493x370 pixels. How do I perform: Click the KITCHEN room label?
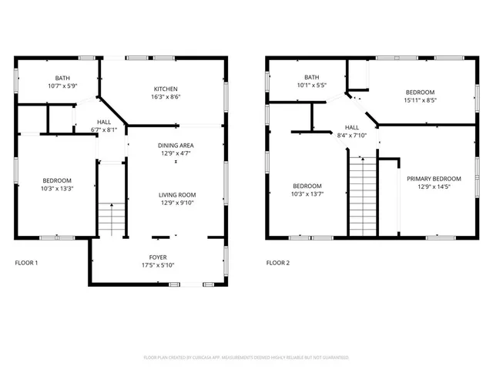point(165,89)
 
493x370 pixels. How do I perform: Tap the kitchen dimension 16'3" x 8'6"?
point(165,98)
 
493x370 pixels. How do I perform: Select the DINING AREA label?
point(176,146)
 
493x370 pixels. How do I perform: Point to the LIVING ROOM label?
point(178,195)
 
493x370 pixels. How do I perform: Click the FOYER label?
point(158,257)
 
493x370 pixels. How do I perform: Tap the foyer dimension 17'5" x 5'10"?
point(158,266)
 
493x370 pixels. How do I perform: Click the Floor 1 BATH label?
point(62,78)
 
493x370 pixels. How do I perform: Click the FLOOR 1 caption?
point(26,263)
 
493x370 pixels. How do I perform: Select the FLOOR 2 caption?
point(278,263)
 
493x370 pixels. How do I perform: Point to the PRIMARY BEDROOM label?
point(434,178)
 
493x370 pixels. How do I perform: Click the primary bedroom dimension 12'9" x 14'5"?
point(434,187)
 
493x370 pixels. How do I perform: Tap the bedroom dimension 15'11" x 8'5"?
point(420,99)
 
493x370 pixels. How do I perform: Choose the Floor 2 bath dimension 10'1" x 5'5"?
point(311,85)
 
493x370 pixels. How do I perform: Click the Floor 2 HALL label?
point(351,127)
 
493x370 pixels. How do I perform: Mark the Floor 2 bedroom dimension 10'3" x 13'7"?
point(307,194)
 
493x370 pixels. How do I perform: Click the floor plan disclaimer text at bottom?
point(246,358)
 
